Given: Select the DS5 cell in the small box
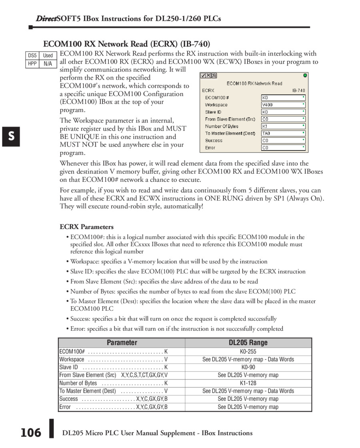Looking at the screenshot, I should click(x=32, y=56).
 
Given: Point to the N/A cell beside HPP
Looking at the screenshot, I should click(x=48, y=64).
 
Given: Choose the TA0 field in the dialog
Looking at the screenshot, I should click(x=266, y=133).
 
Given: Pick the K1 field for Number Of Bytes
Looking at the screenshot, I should click(x=265, y=126).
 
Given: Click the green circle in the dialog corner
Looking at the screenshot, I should click(x=305, y=75).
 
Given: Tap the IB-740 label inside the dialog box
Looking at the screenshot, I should click(x=298, y=90).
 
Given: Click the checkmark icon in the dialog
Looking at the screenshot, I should click(x=204, y=75).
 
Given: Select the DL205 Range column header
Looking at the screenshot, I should click(x=248, y=343).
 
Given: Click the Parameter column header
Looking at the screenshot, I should click(x=122, y=343).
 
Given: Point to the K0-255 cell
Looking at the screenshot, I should click(x=248, y=351).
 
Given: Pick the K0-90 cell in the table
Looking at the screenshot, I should click(x=248, y=367).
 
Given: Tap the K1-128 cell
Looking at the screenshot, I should click(x=248, y=383).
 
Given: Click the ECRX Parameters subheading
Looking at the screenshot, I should click(x=87, y=227).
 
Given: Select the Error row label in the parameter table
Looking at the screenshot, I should click(x=65, y=407).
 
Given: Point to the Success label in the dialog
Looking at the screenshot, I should click(x=214, y=141).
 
